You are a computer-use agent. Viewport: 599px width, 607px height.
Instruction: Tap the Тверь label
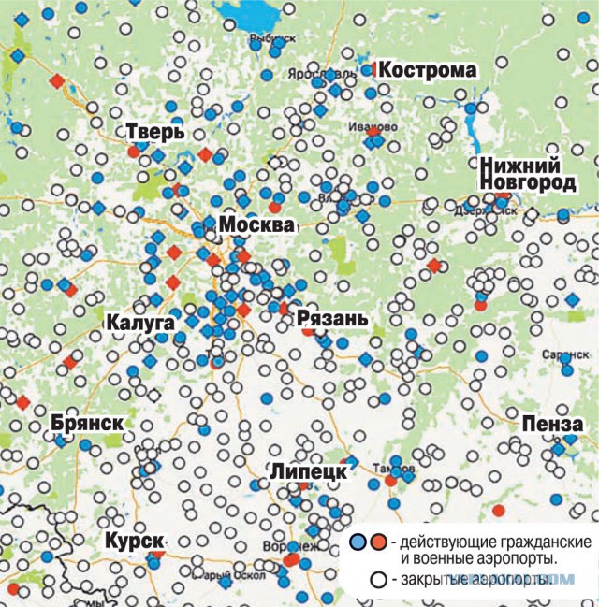point(147,132)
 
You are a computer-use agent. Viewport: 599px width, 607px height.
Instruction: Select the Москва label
point(256,226)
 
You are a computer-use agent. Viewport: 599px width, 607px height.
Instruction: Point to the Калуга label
point(141,323)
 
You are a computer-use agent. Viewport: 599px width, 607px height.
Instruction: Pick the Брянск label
point(87,423)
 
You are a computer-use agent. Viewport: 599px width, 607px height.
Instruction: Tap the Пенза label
point(560,424)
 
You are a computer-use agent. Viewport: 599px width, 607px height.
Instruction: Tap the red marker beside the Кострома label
point(372,68)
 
